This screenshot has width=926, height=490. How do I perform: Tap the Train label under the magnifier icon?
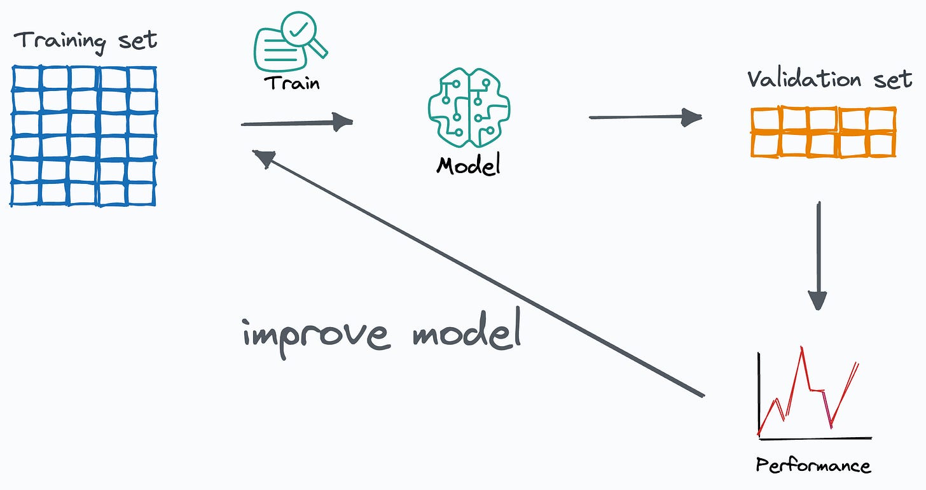point(292,83)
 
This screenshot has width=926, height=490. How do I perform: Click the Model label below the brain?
point(469,165)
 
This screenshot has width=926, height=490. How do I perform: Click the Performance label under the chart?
point(813,465)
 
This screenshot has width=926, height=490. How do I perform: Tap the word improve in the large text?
point(315,334)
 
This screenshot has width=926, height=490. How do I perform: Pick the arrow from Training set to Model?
point(296,123)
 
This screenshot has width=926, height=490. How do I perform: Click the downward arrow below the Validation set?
point(818,255)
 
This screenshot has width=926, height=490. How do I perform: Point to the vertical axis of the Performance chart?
point(759,395)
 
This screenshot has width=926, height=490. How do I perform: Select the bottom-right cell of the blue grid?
point(142,192)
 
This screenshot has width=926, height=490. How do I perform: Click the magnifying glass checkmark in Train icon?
point(302,29)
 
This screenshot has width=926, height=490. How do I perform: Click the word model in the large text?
point(467,334)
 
